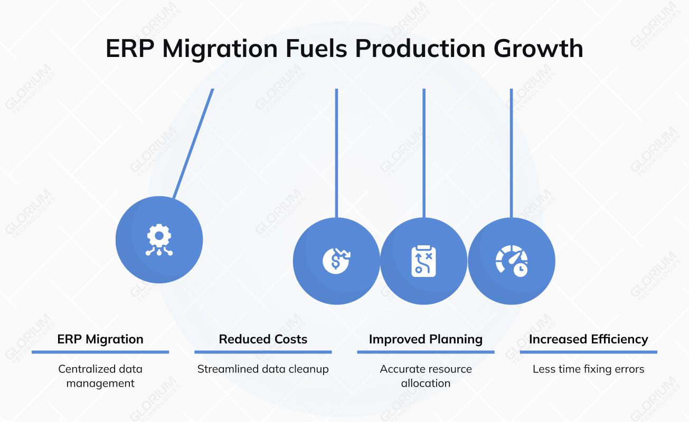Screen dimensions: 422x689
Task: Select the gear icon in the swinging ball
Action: [x=159, y=240]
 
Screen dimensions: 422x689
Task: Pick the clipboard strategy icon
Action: [x=423, y=261]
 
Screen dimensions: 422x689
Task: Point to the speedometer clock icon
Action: [x=511, y=261]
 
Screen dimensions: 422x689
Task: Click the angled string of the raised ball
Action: [x=193, y=142]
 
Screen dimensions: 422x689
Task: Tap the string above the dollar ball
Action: [x=336, y=153]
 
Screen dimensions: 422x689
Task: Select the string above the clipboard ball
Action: [x=424, y=153]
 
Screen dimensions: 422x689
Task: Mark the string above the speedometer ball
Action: [x=511, y=153]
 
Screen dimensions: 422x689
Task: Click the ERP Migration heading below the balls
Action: [x=100, y=339]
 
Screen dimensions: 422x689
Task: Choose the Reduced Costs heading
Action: [x=263, y=339]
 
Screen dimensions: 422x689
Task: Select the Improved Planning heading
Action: [x=426, y=339]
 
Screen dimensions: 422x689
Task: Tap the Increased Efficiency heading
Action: [x=588, y=339]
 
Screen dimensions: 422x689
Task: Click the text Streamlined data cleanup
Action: [x=263, y=369]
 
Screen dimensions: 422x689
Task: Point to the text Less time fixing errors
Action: [x=588, y=369]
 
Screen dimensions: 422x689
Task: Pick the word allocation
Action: [x=426, y=383]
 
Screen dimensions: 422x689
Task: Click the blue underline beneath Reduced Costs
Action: [x=263, y=352]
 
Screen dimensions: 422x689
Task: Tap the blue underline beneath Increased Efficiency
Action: [x=588, y=352]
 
